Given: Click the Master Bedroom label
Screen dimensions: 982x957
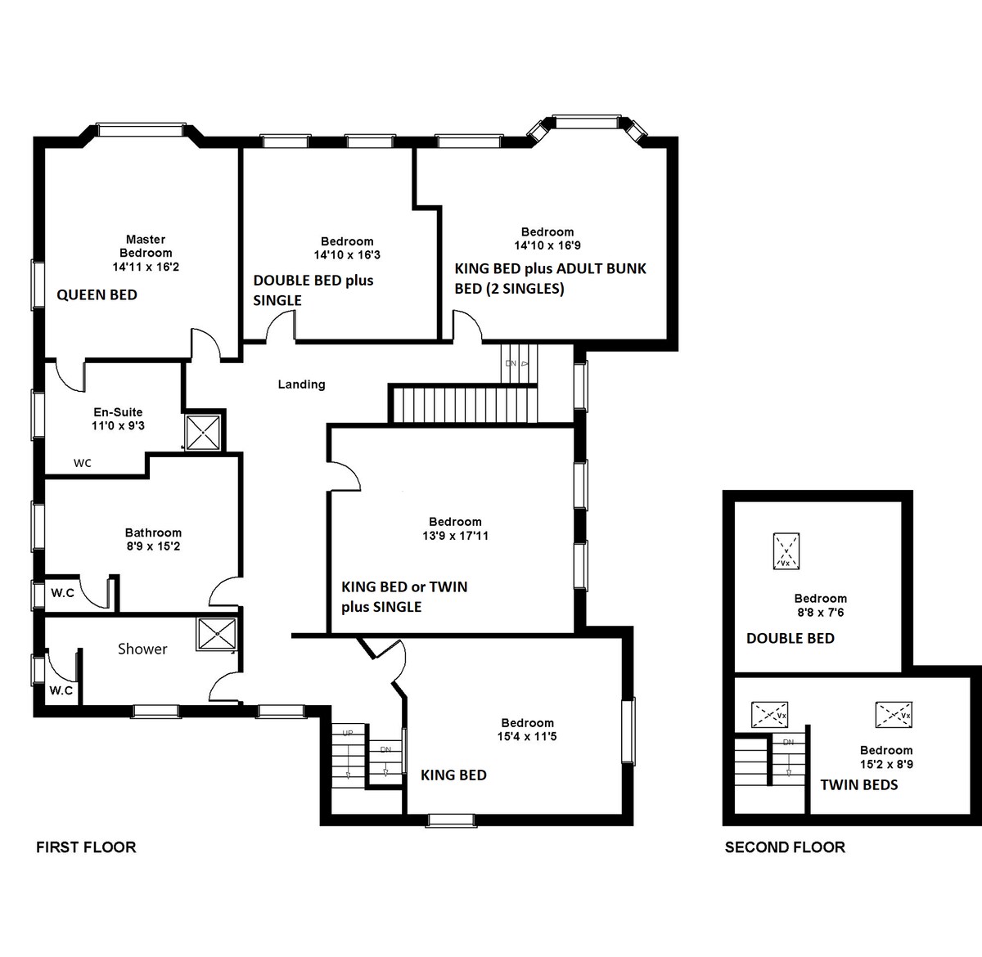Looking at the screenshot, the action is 146,246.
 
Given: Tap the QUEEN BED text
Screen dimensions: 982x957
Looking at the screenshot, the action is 97,295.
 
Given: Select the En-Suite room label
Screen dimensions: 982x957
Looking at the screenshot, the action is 118,412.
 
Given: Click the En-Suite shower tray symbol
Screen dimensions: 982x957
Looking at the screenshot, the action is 203,433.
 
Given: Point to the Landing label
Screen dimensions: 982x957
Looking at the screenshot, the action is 301,384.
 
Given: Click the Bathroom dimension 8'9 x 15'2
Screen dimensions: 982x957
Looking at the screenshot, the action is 153,546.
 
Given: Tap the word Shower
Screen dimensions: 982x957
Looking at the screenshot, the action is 142,649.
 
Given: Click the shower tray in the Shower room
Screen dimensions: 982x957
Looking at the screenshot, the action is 217,634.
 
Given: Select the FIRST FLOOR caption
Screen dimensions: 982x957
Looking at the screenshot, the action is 86,847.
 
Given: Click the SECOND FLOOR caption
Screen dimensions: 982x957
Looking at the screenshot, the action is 786,847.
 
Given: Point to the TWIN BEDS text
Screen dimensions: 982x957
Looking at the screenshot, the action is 859,785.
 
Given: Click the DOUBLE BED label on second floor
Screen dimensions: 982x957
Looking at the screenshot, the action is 791,639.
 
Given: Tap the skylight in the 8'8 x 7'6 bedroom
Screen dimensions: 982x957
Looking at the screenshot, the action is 786,551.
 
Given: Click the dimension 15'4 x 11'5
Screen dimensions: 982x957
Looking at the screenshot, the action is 527,736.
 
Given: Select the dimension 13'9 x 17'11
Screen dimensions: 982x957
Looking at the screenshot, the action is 456,536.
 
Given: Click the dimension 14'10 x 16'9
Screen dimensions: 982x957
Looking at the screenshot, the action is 547,245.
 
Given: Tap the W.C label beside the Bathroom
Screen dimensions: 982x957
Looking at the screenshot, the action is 62,593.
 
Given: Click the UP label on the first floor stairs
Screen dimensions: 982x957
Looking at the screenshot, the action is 348,733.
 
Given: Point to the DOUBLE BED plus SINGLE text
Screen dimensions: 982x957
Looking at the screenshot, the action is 313,290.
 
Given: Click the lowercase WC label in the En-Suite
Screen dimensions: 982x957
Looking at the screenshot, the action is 83,463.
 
